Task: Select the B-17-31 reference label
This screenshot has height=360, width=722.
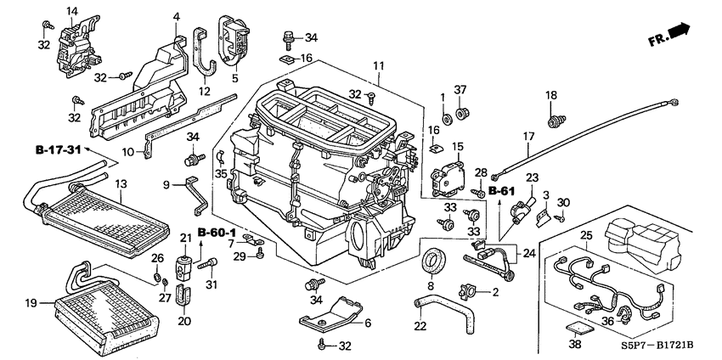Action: pyautogui.click(x=57, y=150)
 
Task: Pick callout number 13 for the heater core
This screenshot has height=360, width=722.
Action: pyautogui.click(x=121, y=183)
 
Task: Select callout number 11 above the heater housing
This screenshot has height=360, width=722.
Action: pyautogui.click(x=379, y=65)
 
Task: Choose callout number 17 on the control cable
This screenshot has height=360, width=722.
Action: pyautogui.click(x=527, y=135)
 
